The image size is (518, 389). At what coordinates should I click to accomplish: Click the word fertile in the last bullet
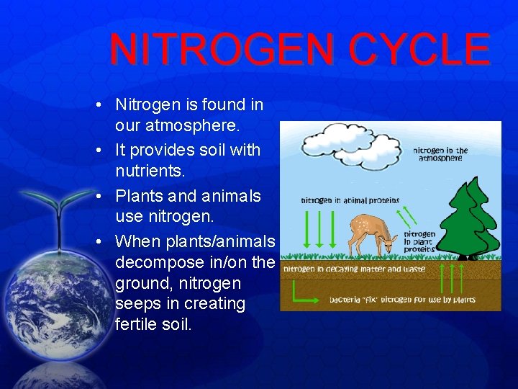[x=138, y=324]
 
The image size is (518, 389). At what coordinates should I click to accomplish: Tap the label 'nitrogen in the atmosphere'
[x=440, y=154]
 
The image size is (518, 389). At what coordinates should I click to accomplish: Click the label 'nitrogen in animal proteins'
[x=350, y=200]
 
